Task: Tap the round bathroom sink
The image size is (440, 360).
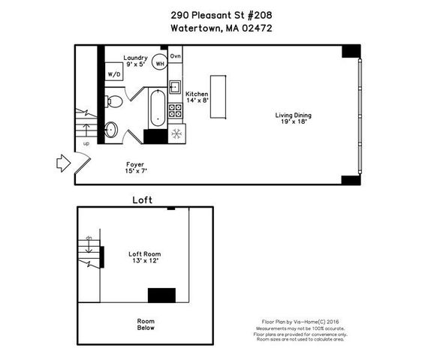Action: click(x=111, y=129)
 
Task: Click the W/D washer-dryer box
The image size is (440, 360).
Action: click(x=114, y=74)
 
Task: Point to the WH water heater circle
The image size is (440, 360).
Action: click(x=160, y=64)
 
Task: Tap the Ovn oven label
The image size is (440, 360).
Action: click(x=176, y=57)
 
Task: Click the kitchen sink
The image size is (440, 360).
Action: click(x=175, y=86)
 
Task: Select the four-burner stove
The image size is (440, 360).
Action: click(x=175, y=111)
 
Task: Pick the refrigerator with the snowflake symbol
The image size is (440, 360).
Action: click(x=177, y=135)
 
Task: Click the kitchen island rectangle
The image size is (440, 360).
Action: click(x=218, y=96)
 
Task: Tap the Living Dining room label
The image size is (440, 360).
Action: click(x=293, y=118)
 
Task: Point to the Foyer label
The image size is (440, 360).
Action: click(x=135, y=167)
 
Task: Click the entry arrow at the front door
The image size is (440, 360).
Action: click(x=62, y=162)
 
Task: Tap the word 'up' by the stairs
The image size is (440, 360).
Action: click(x=85, y=143)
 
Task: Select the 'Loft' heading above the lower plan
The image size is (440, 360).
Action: click(x=143, y=200)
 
